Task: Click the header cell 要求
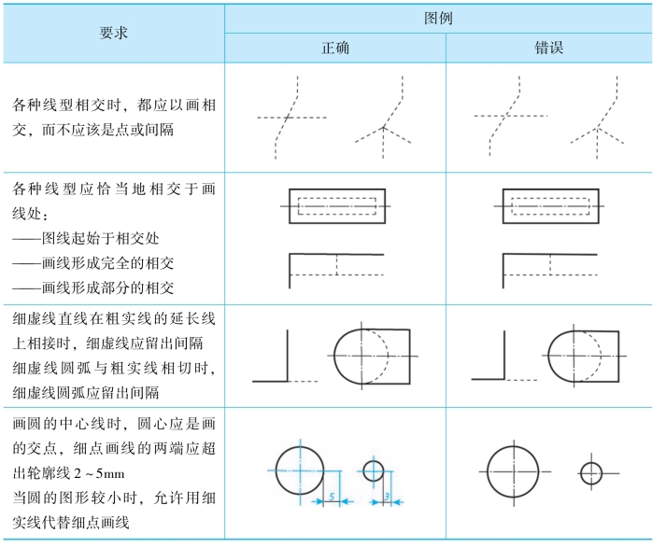[113, 33]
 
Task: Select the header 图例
[444, 17]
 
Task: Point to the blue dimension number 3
[386, 499]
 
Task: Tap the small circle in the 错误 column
[590, 473]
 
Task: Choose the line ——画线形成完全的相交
[93, 262]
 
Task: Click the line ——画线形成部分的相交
[93, 288]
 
